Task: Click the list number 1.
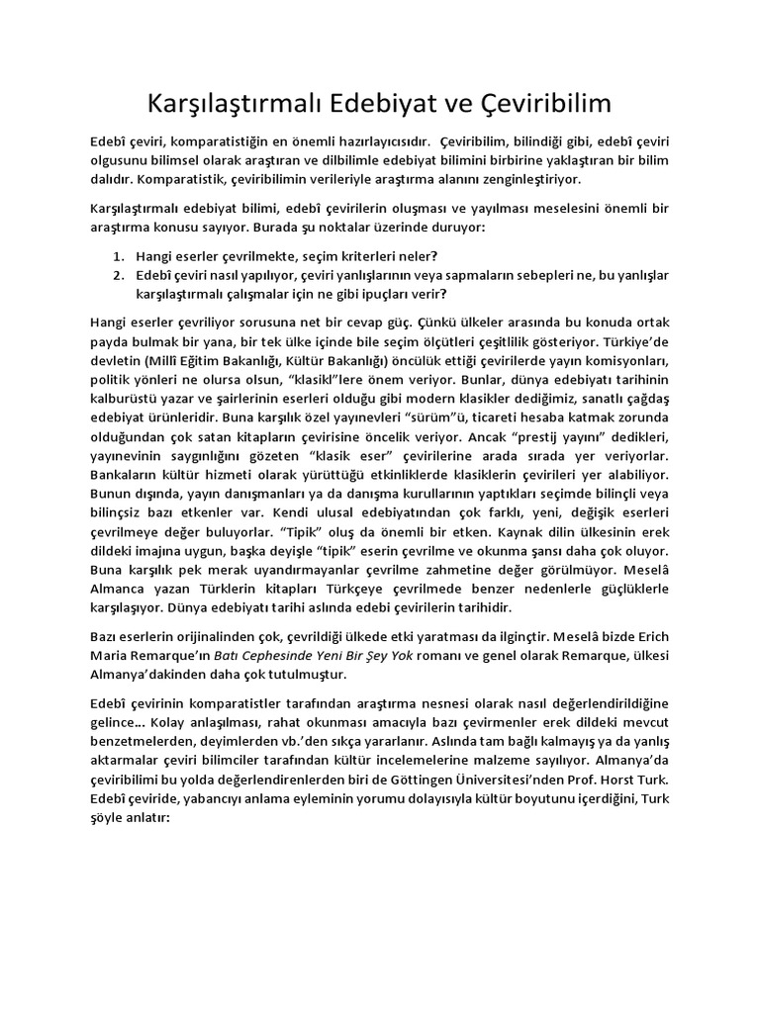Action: (117, 255)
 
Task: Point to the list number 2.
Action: (117, 274)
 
